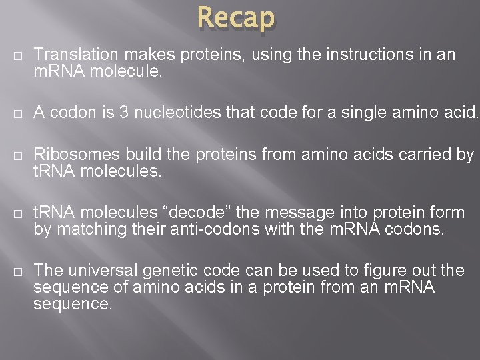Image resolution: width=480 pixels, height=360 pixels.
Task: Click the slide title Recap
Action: coord(236,18)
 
